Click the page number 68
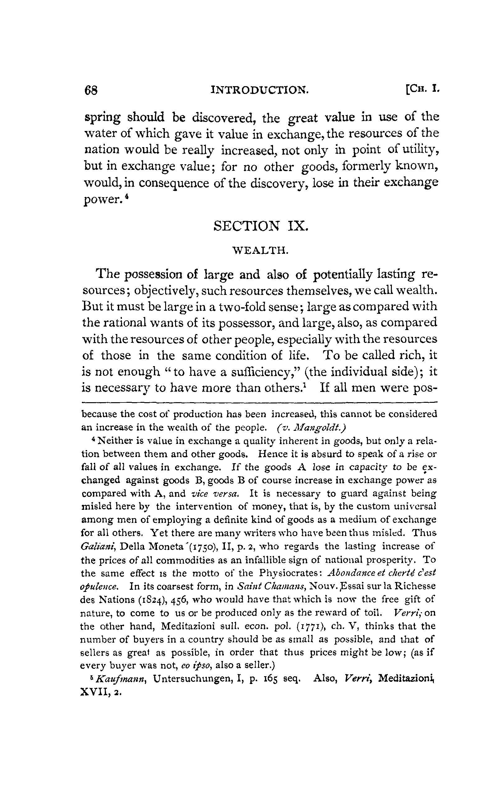[x=91, y=90]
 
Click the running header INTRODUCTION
[x=260, y=90]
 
